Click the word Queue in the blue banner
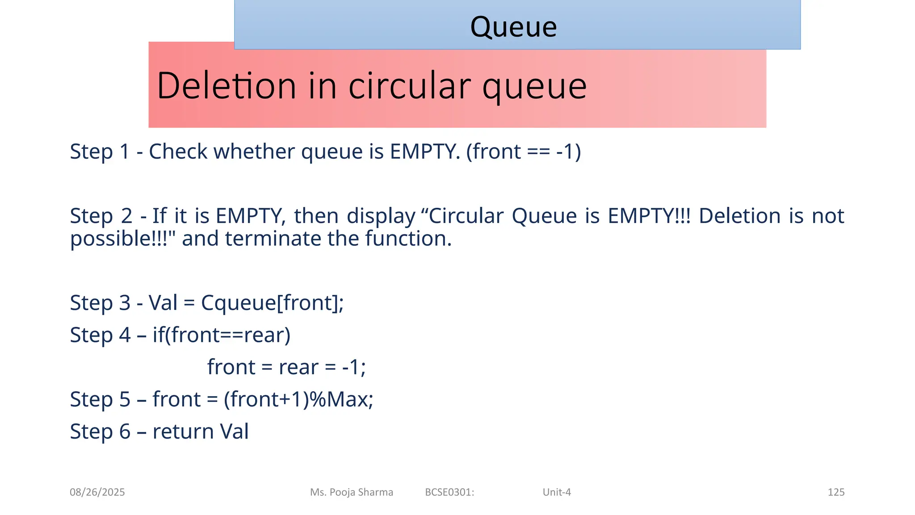[513, 27]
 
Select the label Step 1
[99, 152]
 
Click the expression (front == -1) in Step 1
[523, 152]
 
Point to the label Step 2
[101, 216]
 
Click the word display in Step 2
[381, 216]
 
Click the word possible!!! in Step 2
[123, 238]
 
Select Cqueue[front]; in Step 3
[272, 303]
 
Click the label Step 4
[100, 335]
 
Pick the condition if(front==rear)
[221, 335]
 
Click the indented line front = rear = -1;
[286, 367]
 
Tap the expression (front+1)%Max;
[298, 399]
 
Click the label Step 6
[100, 431]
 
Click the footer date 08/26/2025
[97, 492]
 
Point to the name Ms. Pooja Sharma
[352, 492]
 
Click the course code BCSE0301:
[449, 492]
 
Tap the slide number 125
[836, 492]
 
